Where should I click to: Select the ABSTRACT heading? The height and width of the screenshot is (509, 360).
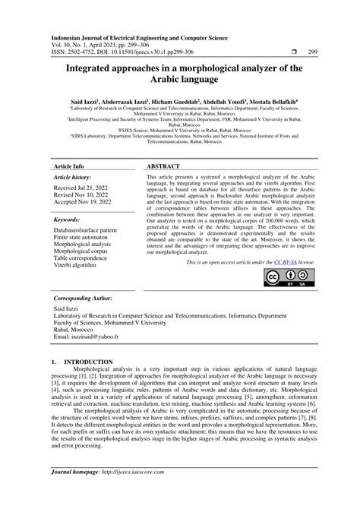163,166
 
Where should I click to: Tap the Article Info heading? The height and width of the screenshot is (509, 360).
68,166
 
